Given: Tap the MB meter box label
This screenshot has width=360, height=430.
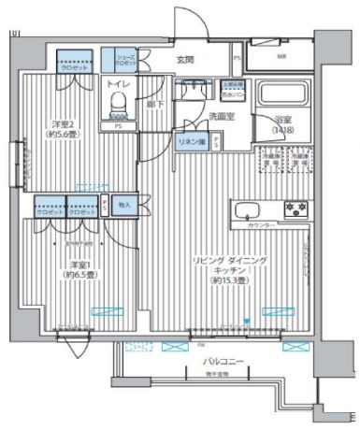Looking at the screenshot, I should tap(281, 57).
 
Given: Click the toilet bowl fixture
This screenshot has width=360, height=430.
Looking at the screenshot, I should tap(118, 105).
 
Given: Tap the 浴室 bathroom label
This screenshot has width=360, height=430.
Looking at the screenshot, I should tap(283, 120).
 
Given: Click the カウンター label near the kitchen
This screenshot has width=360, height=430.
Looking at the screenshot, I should tap(261, 227).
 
